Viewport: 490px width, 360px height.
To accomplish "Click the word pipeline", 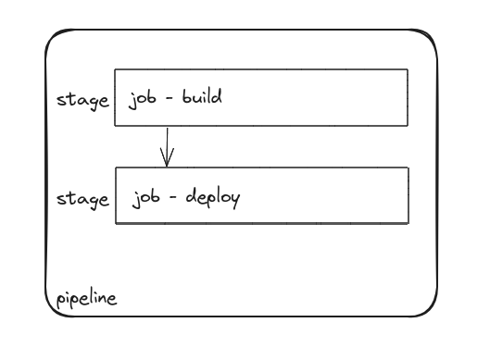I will pos(86,299).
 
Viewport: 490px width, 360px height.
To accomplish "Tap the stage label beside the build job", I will pos(82,99).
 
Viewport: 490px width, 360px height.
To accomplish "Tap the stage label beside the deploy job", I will pos(82,198).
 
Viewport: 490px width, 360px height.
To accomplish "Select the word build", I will pos(201,96).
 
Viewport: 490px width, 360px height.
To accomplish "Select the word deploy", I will pos(213,197).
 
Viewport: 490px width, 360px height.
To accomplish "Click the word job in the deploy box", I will pos(146,198).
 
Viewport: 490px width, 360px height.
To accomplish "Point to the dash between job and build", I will pos(170,98).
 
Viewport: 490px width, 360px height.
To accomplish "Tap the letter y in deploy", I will pos(234,200).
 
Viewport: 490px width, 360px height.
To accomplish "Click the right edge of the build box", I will pos(408,97).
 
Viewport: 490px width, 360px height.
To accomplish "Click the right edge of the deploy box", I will pos(408,195).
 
